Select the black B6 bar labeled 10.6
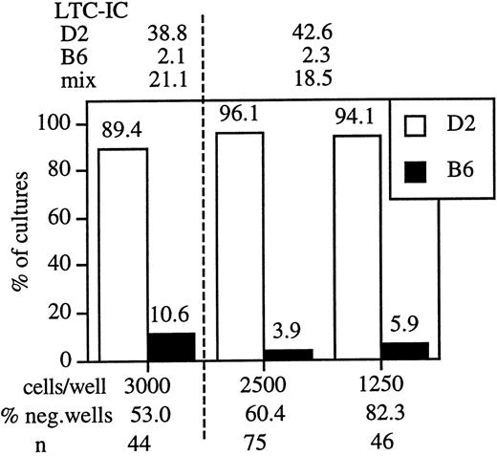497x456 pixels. pos(172,347)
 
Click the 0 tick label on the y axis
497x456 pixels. pos(82,361)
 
